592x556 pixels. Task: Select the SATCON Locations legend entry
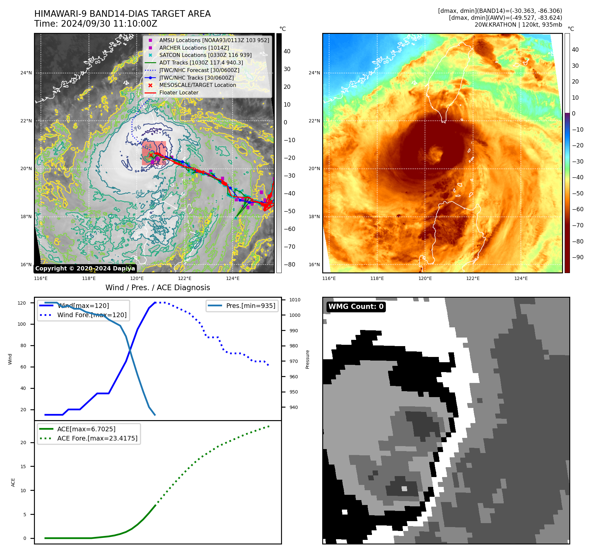pyautogui.click(x=205, y=55)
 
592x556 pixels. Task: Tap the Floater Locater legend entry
pyautogui.click(x=179, y=93)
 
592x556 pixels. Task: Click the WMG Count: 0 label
pyautogui.click(x=356, y=307)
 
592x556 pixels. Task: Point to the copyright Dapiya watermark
pyautogui.click(x=85, y=268)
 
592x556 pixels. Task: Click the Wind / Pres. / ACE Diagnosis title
pyautogui.click(x=157, y=288)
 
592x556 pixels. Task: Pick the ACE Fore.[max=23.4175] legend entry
pyautogui.click(x=97, y=438)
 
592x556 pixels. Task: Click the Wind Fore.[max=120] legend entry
pyautogui.click(x=92, y=315)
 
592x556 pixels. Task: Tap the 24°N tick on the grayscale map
pyautogui.click(x=26, y=73)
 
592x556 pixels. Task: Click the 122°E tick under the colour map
pyautogui.click(x=473, y=279)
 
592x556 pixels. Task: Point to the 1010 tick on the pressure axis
pyautogui.click(x=295, y=300)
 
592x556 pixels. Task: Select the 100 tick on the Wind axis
pyautogui.click(x=22, y=324)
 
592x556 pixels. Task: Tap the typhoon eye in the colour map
pyautogui.click(x=436, y=153)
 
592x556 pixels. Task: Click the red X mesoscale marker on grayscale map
pyautogui.click(x=151, y=155)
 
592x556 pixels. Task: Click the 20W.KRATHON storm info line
pyautogui.click(x=518, y=25)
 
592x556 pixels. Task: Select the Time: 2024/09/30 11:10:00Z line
pyautogui.click(x=96, y=24)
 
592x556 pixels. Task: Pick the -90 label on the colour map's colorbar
pyautogui.click(x=577, y=257)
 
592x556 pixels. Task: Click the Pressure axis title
pyautogui.click(x=307, y=359)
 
